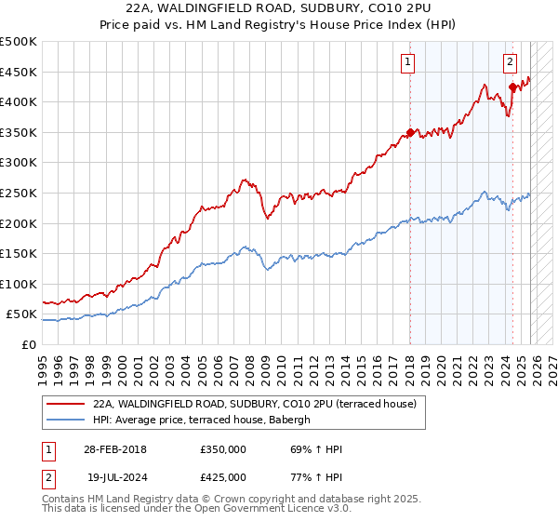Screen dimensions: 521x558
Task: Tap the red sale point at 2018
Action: pos(410,133)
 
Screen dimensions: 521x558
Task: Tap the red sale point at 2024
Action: pos(512,87)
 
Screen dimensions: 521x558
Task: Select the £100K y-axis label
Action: pos(20,284)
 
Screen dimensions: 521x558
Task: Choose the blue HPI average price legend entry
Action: pos(206,420)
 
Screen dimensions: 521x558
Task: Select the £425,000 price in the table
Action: pos(222,476)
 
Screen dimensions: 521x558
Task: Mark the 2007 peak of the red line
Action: pos(244,179)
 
